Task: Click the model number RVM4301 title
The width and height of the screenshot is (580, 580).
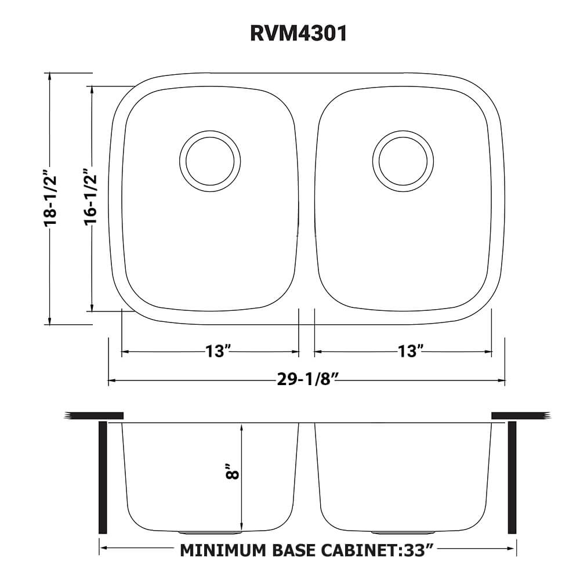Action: tap(299, 33)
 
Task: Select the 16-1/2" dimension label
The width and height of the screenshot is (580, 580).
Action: tap(91, 198)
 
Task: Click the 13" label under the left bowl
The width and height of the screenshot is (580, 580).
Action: tap(218, 351)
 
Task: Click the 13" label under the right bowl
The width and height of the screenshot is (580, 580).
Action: tap(410, 351)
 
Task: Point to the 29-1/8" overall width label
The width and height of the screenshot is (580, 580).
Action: tap(307, 380)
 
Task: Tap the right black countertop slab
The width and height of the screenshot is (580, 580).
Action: tap(519, 415)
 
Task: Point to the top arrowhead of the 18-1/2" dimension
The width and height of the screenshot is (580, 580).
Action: tap(51, 77)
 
